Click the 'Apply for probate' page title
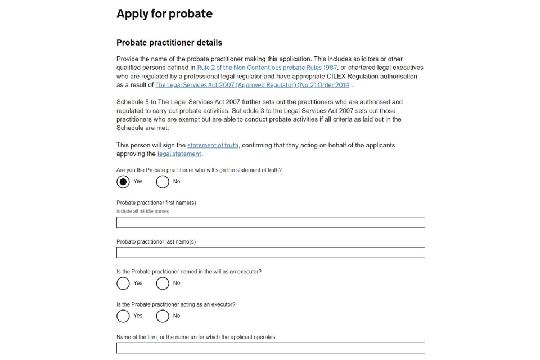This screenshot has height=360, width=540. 164,14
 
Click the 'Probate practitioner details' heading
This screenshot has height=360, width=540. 169,43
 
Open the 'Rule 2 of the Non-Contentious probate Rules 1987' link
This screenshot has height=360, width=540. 267,67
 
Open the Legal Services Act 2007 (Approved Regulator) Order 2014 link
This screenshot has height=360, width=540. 252,85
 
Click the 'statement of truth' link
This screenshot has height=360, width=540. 213,145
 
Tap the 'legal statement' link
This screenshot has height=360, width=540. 179,154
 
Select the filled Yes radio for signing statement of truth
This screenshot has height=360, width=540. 123,182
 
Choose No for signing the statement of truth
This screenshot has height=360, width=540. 163,182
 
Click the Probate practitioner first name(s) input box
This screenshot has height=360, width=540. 271,222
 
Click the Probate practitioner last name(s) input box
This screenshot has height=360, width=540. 271,253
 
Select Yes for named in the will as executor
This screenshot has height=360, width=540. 123,283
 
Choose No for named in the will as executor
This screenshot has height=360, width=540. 163,283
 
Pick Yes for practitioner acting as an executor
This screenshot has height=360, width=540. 123,316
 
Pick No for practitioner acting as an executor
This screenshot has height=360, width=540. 163,316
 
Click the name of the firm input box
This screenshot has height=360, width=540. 271,348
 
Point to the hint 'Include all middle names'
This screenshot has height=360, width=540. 142,211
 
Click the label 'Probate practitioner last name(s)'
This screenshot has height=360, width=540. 156,242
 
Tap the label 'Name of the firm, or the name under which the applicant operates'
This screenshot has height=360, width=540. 196,337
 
